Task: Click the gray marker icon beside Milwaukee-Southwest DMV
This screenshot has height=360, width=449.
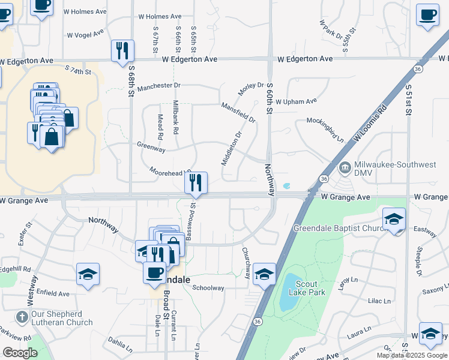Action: coord(345,167)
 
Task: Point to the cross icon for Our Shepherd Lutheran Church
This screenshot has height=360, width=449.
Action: coord(22,316)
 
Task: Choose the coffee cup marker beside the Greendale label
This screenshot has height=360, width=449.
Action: coord(154,272)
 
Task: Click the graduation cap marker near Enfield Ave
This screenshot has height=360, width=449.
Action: coord(88,274)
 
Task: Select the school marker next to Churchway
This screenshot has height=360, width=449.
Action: coord(264,273)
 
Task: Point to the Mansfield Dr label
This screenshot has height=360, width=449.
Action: coord(238,112)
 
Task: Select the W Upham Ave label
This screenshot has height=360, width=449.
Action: coord(296,101)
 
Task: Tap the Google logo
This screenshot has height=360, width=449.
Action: coord(20,353)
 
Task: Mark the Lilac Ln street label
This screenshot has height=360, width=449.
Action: coord(379,301)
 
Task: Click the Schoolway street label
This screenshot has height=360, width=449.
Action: coord(208,288)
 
